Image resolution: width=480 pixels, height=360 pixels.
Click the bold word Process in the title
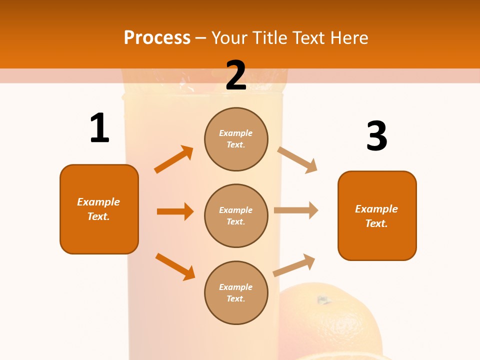coord(157,38)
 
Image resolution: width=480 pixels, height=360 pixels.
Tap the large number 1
coord(99,128)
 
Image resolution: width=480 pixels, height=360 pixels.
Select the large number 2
coord(236,75)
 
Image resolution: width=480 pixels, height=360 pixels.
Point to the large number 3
coord(377,136)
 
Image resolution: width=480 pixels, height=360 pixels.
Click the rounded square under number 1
coord(99,209)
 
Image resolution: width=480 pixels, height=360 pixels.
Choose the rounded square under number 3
coord(377,215)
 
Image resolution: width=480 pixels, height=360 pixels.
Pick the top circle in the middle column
coord(236,139)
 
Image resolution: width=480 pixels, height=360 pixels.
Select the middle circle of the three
coord(236,215)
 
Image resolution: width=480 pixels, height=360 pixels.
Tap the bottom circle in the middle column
coord(236,292)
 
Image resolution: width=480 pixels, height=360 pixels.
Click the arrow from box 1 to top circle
coord(173,159)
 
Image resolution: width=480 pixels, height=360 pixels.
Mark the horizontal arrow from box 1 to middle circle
coord(175,211)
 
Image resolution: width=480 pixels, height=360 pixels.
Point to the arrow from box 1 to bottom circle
coord(175,266)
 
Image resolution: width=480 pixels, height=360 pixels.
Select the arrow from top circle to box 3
coord(297,159)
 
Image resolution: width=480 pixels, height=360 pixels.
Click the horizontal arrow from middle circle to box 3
coord(296,210)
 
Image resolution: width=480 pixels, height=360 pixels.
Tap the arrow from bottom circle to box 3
coord(294,265)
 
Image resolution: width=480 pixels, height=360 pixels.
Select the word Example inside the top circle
coord(236,133)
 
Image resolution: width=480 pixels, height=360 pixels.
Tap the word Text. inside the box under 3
coord(377,223)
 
